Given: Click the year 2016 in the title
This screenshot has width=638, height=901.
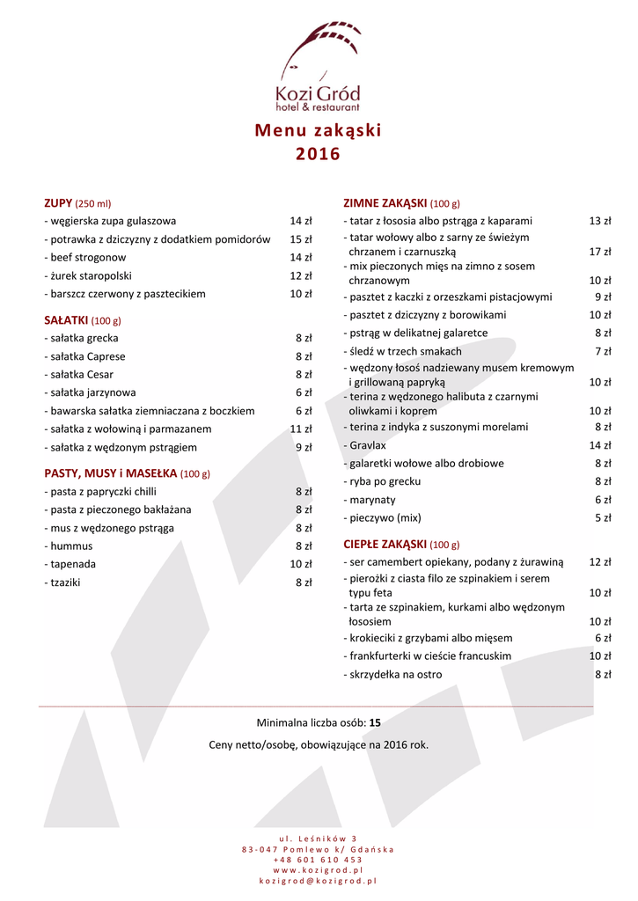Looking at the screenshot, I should point(318,155).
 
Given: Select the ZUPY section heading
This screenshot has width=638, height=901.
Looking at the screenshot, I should point(58,203).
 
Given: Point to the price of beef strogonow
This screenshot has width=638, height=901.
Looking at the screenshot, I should point(301,258).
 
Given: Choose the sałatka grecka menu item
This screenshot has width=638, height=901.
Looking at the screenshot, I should point(84,338).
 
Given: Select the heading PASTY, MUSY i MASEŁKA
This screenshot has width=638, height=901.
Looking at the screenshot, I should point(111,473).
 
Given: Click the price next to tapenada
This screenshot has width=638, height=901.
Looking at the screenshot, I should point(301,564).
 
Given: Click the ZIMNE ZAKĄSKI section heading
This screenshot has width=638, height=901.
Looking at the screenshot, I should point(385,203).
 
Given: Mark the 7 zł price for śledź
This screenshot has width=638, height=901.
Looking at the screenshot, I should point(603,352).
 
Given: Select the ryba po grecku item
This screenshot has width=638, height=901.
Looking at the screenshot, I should point(385,481).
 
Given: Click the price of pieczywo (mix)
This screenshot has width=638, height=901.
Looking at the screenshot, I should point(603,518).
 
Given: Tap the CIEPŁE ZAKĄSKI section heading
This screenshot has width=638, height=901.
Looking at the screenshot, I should point(385,544).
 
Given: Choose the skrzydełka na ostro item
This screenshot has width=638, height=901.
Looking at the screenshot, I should point(395,675).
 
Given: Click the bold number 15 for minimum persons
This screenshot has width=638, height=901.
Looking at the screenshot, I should point(375,723).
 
